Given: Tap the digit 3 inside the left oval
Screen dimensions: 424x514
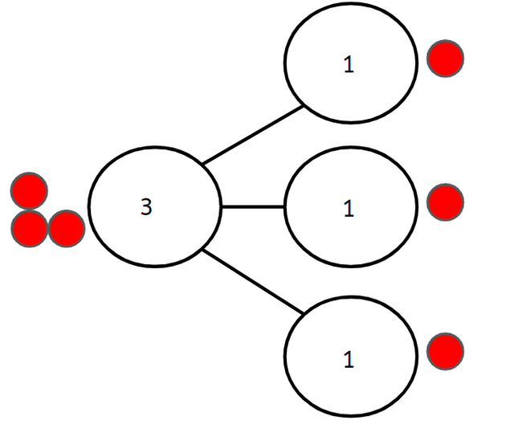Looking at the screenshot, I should (x=145, y=207).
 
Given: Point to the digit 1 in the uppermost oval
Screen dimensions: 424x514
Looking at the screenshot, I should (x=349, y=65).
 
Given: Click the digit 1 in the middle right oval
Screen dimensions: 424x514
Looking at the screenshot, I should (x=349, y=209).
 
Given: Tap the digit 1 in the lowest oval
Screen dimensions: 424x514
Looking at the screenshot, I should (x=349, y=360).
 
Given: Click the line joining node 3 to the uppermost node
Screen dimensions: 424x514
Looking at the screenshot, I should (x=252, y=134).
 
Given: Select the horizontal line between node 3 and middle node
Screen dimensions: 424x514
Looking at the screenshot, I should (x=253, y=206).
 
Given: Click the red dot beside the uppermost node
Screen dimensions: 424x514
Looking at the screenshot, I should (x=445, y=59).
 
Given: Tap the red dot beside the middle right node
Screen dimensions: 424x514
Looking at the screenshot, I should (x=445, y=202).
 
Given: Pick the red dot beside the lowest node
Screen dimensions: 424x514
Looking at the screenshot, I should (x=445, y=352).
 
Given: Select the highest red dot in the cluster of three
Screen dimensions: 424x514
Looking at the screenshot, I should (x=29, y=191).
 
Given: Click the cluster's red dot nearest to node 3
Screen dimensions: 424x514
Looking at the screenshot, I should (x=67, y=229).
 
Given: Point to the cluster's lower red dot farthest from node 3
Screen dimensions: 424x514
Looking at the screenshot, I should (x=28, y=229).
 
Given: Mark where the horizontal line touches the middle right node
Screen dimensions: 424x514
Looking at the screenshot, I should (x=286, y=206).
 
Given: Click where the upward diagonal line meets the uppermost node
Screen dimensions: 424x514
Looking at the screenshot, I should (x=303, y=105).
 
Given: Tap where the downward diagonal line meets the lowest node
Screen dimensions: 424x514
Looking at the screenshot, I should (x=304, y=313).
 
